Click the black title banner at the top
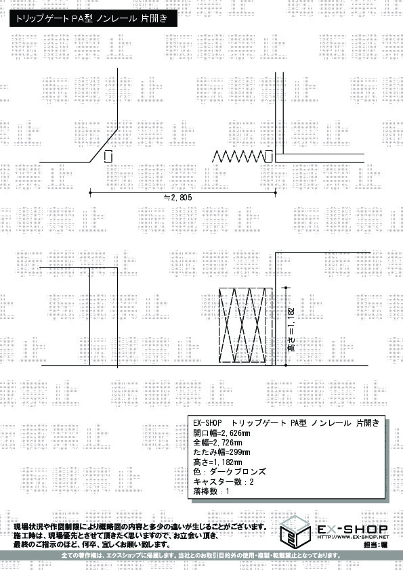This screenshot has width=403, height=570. [93, 18]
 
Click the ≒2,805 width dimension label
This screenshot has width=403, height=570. [177, 198]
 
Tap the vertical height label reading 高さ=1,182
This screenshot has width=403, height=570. [291, 330]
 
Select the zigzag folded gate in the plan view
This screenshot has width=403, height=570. [238, 156]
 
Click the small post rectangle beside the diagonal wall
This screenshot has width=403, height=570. [108, 156]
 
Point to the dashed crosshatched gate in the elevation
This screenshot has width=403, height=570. [245, 326]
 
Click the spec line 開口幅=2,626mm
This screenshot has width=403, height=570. [221, 433]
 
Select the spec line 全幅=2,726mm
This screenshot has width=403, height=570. [217, 443]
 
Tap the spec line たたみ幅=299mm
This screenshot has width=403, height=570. [221, 452]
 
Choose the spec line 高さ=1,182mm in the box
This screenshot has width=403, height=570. [217, 462]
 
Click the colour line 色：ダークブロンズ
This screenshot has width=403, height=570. [230, 472]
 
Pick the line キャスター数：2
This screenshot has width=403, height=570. [224, 482]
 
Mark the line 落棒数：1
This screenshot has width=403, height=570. [211, 491]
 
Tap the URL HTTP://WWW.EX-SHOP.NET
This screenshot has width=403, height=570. [353, 537]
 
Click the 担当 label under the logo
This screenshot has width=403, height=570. [370, 544]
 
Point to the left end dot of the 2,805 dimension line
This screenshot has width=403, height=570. [90, 192]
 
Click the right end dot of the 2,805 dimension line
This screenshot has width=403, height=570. [276, 192]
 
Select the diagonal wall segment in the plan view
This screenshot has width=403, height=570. [104, 145]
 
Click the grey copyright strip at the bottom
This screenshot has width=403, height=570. [202, 556]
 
